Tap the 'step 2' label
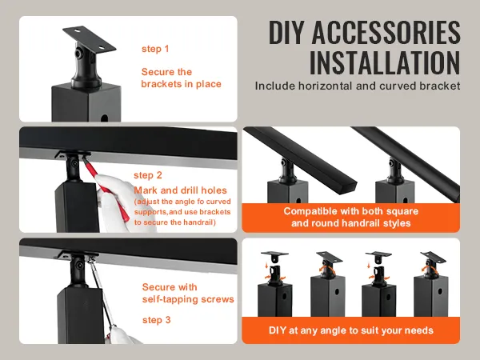[x=148, y=175]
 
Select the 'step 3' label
[x=157, y=319]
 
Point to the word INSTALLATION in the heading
[x=384, y=62]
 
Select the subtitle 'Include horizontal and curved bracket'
[x=358, y=85]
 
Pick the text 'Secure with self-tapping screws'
[x=187, y=293]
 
